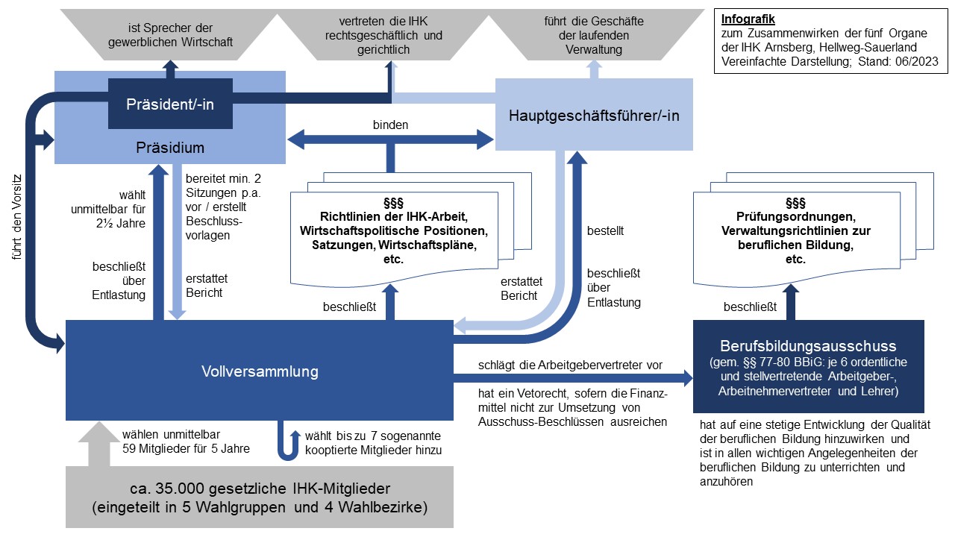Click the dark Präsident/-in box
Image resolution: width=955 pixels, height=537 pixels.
click(x=171, y=104)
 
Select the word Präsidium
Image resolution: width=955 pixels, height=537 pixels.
click(x=171, y=148)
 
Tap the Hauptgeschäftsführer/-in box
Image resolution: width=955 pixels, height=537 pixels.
click(x=594, y=115)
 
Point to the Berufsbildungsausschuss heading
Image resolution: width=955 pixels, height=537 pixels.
click(x=808, y=346)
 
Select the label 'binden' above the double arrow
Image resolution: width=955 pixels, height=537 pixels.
click(x=390, y=125)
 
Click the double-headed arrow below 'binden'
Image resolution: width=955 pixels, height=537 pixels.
click(x=390, y=138)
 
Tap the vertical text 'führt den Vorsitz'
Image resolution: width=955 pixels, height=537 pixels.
click(x=16, y=216)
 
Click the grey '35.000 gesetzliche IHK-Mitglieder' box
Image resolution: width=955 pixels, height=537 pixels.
click(x=259, y=498)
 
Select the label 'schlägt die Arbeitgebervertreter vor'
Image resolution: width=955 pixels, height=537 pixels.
click(x=570, y=365)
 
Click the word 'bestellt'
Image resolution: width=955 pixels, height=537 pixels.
click(x=605, y=231)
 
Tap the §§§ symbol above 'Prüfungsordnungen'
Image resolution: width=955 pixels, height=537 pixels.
click(x=795, y=203)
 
